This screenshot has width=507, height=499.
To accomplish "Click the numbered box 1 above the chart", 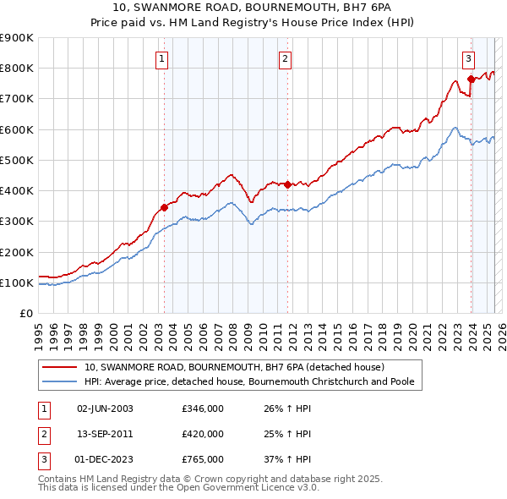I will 161,58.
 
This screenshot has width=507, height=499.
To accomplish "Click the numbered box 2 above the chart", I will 286,58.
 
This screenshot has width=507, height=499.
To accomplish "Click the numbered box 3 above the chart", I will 468,58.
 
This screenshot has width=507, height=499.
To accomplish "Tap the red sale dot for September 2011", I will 287,184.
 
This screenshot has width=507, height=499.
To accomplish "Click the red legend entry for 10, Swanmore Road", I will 234,367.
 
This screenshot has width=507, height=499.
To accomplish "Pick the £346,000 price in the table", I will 203,409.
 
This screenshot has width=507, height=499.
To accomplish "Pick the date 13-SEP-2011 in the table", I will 105,434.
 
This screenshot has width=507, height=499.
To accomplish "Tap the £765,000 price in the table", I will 203,459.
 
